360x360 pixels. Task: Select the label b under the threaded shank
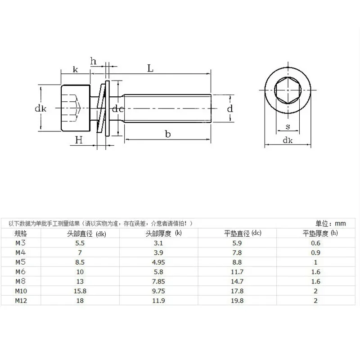point(168,134)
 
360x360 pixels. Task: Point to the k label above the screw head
point(75,69)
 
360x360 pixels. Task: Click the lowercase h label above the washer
point(94,61)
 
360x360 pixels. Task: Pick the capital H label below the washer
point(79,140)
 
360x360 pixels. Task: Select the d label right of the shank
point(229,108)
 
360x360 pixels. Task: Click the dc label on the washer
point(118,108)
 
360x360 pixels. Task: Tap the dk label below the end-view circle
point(287,140)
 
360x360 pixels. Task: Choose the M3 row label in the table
point(20,243)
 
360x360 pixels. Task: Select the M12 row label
point(21,301)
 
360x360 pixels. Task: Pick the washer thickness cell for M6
point(315,272)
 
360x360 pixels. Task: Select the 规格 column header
point(21,233)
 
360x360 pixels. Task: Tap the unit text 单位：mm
point(329,223)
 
